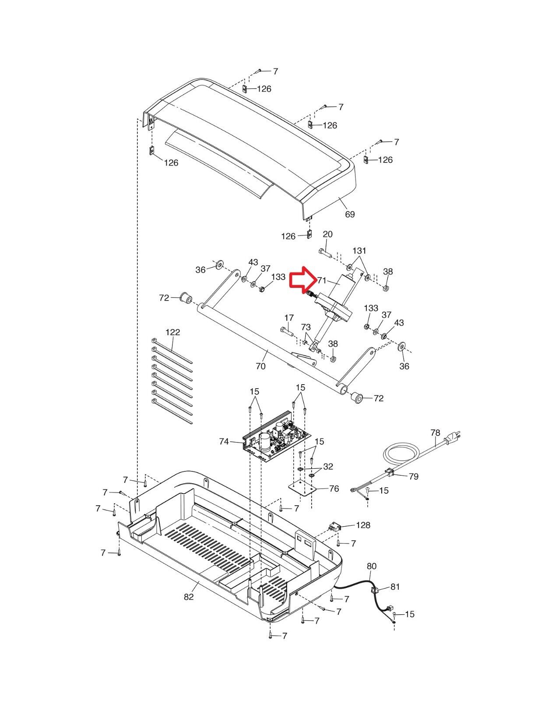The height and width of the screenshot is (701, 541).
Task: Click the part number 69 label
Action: click(350, 214)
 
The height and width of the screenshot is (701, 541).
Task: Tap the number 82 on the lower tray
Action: click(189, 597)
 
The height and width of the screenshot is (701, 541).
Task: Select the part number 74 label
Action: click(224, 441)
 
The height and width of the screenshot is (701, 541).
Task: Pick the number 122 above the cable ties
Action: click(173, 332)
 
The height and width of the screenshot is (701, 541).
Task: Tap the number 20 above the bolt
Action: click(328, 234)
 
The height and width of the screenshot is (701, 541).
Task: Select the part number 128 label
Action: click(363, 525)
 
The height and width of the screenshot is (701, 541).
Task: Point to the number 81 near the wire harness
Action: click(395, 587)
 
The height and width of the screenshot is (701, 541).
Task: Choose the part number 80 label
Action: click(372, 566)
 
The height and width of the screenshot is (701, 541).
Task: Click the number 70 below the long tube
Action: click(261, 366)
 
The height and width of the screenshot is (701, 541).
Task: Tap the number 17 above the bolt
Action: click(289, 318)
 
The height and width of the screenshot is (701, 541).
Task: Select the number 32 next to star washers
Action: click(328, 467)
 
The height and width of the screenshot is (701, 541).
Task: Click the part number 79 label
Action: click(414, 476)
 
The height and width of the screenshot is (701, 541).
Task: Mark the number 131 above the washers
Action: click(359, 250)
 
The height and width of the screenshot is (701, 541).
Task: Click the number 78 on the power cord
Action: click(436, 432)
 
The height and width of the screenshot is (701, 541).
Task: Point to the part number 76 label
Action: click(334, 489)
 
